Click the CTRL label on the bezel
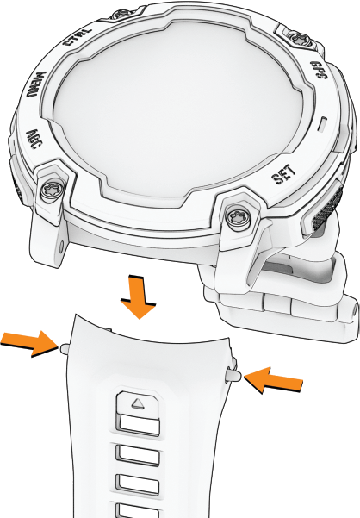[78, 37]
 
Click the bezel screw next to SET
[237, 216]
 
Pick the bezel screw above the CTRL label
[120, 14]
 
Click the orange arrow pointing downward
[139, 296]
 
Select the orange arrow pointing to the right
[29, 342]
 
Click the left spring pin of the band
[64, 348]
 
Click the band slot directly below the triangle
[140, 425]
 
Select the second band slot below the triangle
[139, 454]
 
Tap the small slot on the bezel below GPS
[323, 124]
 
